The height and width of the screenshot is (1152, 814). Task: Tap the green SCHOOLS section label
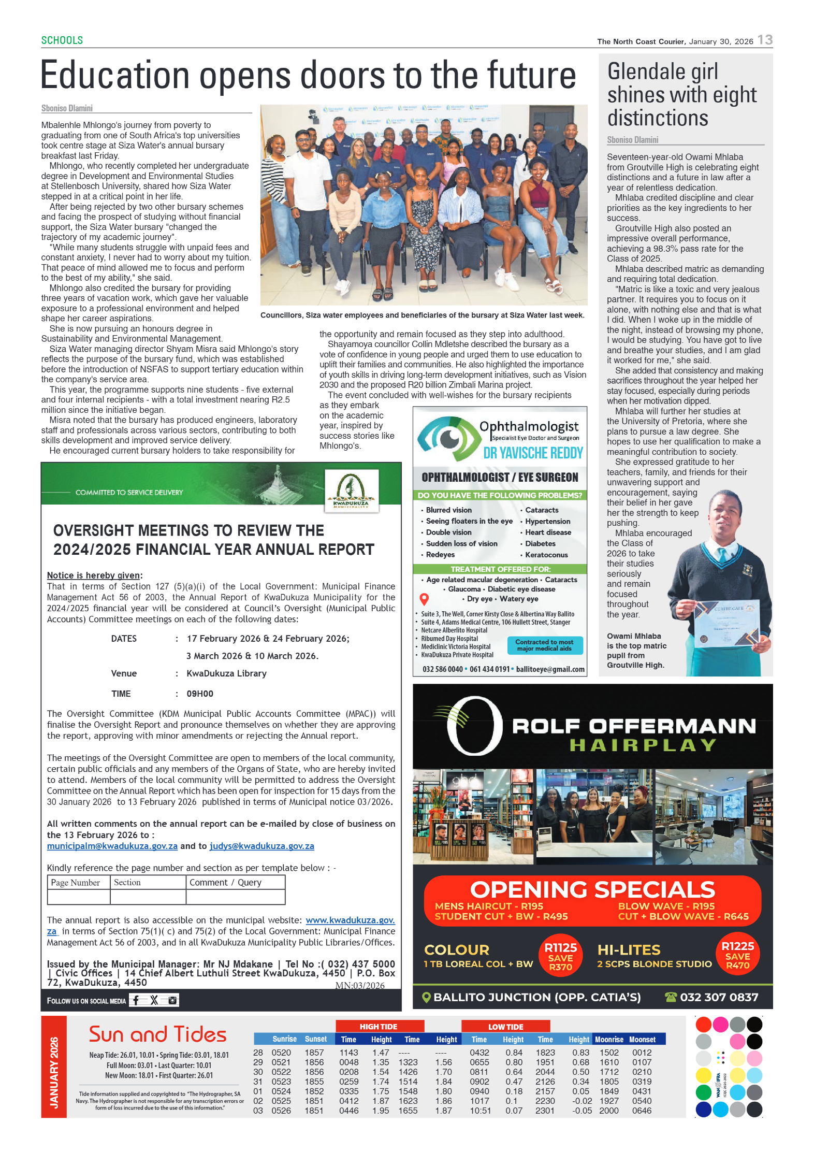tap(62, 40)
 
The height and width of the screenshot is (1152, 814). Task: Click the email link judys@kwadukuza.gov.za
tap(261, 846)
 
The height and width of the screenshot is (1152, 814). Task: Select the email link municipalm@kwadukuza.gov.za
tap(112, 846)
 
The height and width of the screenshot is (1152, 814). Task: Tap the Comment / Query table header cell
tap(235, 882)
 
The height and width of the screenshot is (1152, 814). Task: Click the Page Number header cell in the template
tap(78, 882)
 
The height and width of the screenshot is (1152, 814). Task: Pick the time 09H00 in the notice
tap(200, 694)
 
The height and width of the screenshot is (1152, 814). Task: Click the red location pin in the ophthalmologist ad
tap(424, 599)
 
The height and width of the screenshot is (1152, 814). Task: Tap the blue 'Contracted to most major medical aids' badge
tap(544, 645)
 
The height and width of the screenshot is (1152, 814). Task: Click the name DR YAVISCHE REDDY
tap(533, 453)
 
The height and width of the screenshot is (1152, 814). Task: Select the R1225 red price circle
tap(737, 955)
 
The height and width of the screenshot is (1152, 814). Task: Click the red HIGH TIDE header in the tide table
tap(379, 1027)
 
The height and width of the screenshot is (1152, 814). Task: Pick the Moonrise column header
tap(609, 1040)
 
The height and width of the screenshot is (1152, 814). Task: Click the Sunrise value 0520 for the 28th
tap(281, 1053)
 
